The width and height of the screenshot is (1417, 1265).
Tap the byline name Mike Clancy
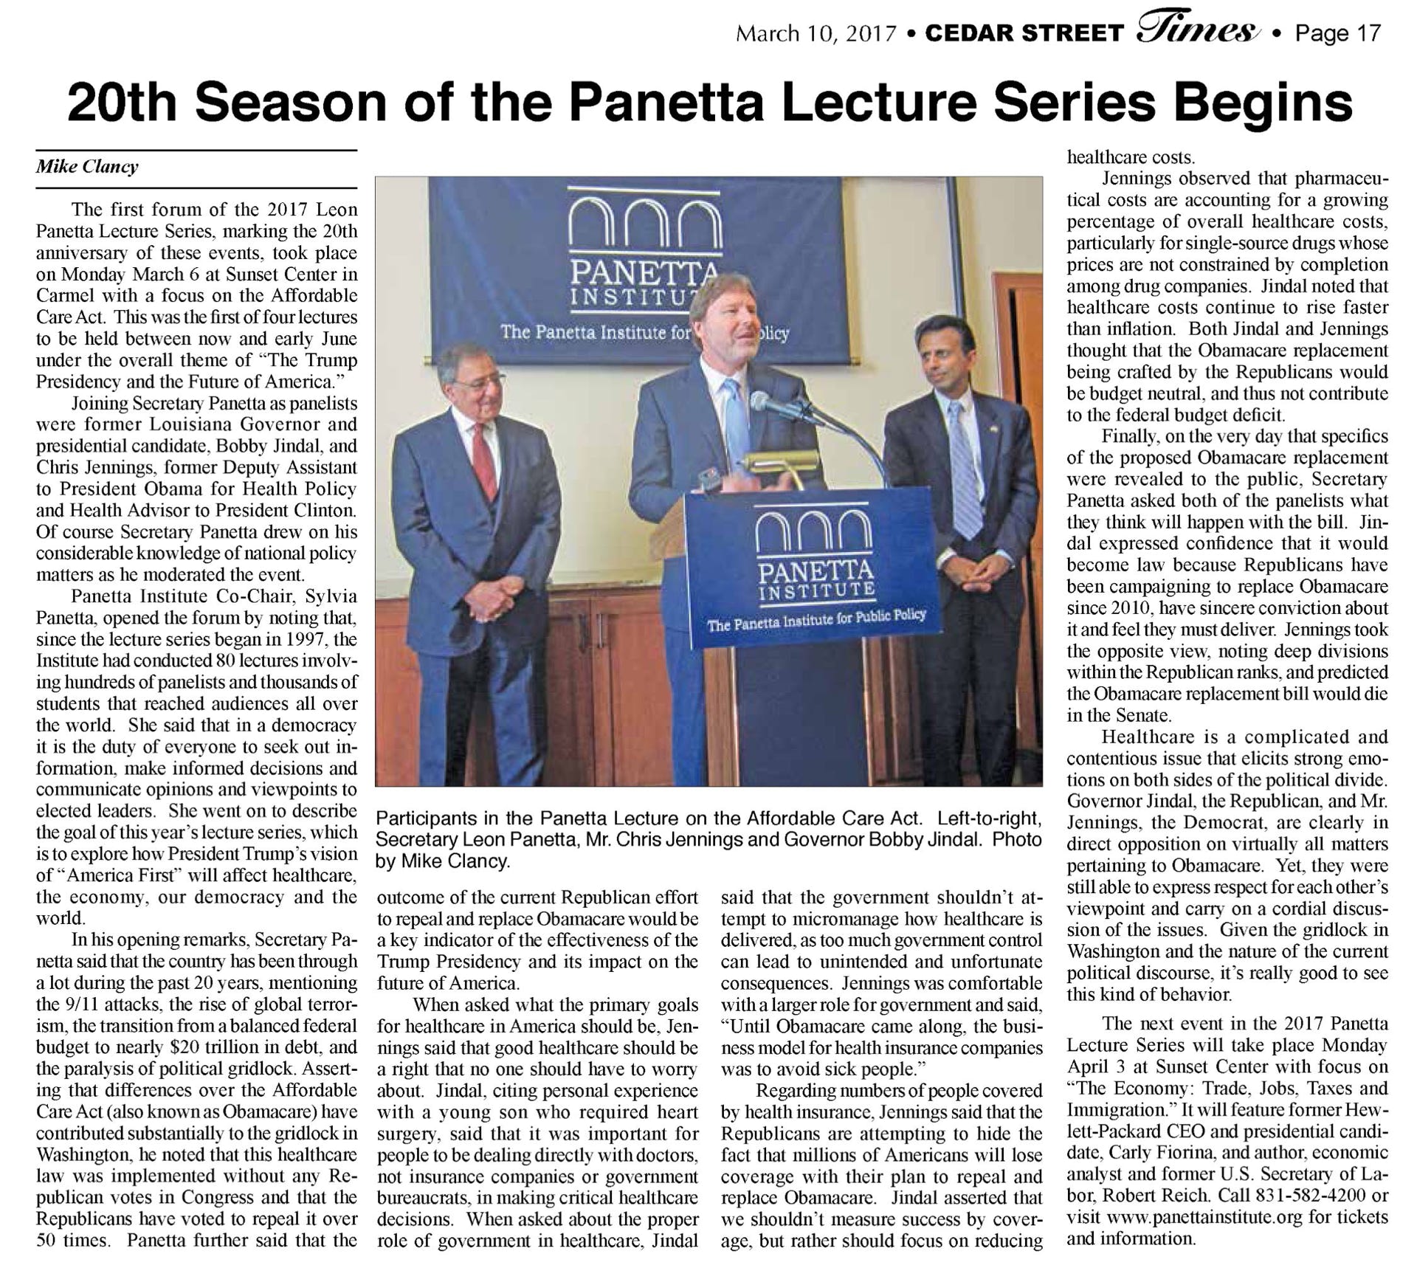point(87,167)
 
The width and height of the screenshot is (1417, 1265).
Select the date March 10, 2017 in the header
point(816,34)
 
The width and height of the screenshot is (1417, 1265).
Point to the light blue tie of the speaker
point(736,428)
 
